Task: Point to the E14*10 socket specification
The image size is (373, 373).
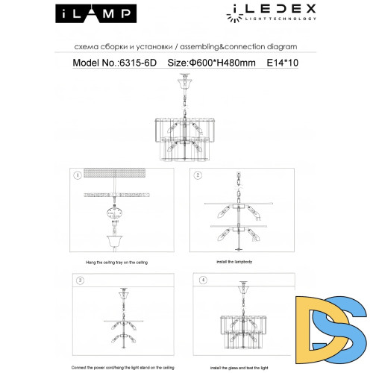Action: tap(283, 64)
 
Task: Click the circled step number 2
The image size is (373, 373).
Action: tap(198, 175)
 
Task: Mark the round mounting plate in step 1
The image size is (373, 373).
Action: tap(115, 214)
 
